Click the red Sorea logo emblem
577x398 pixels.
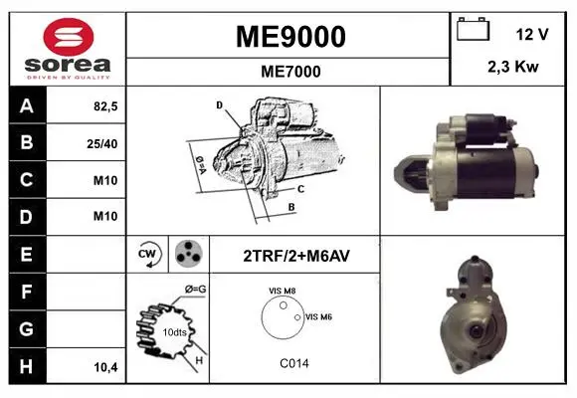tap(69, 37)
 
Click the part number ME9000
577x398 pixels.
tap(290, 37)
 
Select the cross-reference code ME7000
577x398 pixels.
tap(290, 72)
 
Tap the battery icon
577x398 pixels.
tap(473, 29)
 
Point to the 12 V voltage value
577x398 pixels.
tap(532, 34)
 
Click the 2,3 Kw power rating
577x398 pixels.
tap(513, 67)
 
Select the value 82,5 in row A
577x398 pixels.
tap(105, 106)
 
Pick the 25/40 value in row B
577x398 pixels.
tap(102, 143)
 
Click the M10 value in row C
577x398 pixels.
tap(105, 180)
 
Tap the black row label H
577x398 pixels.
tap(28, 366)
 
